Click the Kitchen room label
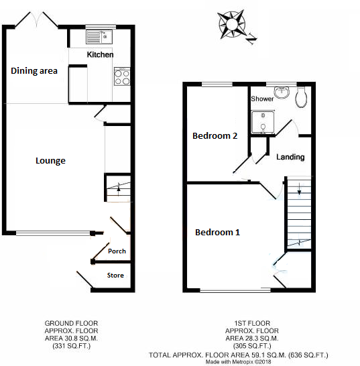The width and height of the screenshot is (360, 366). [100, 54]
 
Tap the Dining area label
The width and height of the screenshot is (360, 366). [34, 70]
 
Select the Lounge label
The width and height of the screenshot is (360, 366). [51, 161]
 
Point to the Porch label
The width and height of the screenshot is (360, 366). [117, 251]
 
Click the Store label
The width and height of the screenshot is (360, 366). [115, 275]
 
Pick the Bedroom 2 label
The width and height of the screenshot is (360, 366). [215, 135]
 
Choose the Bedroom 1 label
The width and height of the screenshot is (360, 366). [217, 233]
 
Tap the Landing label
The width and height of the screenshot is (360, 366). [290, 157]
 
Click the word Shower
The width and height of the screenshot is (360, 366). [262, 99]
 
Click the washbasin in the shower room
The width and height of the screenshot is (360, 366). [282, 92]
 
